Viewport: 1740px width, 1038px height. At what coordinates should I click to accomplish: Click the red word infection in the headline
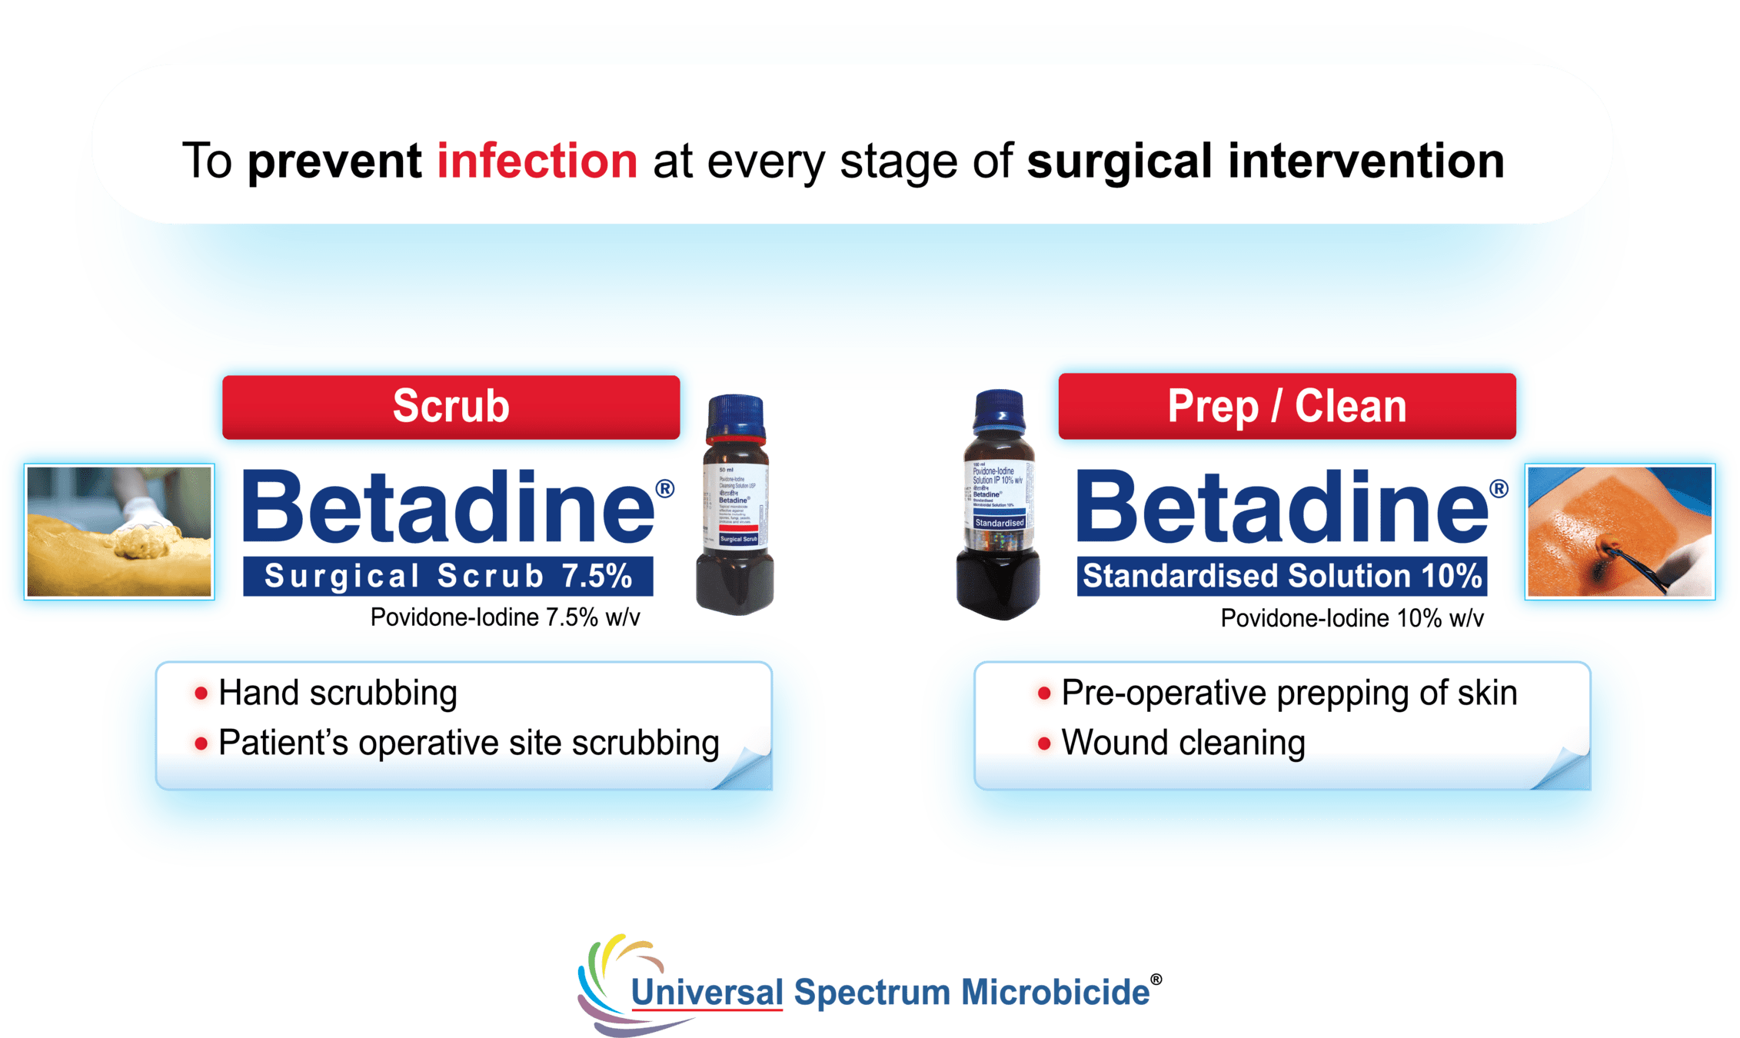[537, 161]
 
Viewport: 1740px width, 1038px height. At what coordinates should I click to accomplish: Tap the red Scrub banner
[451, 407]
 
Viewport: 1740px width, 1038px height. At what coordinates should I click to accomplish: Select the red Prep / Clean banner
[1286, 407]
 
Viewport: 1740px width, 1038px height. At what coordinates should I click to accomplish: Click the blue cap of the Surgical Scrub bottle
[736, 416]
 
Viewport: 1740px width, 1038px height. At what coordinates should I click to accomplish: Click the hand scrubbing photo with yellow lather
[119, 531]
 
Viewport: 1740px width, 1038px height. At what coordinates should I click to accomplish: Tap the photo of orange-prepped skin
[1619, 531]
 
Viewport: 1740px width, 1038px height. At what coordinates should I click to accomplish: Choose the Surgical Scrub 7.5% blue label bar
[448, 577]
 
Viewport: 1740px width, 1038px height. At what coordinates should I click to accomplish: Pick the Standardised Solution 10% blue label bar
[1282, 577]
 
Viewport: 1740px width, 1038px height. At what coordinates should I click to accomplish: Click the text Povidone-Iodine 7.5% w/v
[505, 617]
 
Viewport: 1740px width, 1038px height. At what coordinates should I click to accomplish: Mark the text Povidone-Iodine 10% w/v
[1352, 618]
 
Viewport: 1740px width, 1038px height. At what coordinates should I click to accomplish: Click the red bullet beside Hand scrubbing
[201, 694]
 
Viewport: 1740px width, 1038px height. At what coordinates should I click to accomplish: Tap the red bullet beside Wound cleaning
[1044, 744]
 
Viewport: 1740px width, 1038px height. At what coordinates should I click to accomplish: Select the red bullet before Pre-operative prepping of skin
[1044, 694]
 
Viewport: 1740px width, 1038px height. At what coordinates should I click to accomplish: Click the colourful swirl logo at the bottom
[615, 980]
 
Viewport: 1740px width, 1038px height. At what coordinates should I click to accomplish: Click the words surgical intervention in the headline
[1266, 161]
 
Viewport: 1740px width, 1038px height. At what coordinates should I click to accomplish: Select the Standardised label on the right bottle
[1000, 523]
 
